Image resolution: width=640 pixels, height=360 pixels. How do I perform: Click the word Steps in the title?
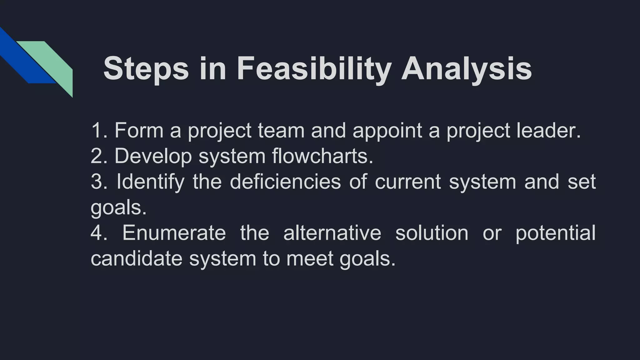[146, 69]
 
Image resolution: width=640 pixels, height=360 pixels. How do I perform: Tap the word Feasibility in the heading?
[314, 69]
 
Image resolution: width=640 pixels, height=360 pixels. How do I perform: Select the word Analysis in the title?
[466, 69]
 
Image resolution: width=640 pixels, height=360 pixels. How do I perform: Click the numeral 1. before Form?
[99, 130]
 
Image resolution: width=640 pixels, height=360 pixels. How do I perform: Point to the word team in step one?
[281, 130]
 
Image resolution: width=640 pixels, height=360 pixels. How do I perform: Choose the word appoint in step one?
[387, 130]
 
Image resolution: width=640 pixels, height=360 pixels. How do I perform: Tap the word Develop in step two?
[153, 156]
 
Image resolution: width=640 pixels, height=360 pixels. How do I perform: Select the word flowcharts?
[322, 156]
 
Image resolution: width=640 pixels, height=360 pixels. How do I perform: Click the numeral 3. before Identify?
[99, 182]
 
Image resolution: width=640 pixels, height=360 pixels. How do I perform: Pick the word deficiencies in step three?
[285, 182]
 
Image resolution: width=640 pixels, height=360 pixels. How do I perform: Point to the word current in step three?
[407, 182]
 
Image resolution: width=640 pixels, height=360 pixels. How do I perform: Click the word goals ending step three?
[118, 208]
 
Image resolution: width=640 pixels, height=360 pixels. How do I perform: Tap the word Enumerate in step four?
[174, 233]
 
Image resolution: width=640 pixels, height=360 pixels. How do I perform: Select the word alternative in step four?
[332, 233]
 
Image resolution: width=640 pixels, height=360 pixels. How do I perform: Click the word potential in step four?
[555, 233]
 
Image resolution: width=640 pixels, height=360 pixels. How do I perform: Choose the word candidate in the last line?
[136, 259]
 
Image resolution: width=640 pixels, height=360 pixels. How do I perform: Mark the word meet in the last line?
[310, 259]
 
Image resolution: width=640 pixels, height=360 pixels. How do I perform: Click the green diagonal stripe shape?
[53, 62]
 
